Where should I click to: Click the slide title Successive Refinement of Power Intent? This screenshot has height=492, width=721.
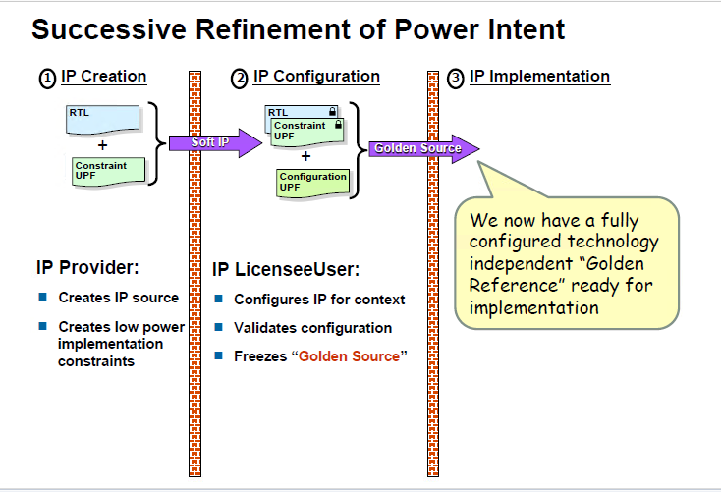298,29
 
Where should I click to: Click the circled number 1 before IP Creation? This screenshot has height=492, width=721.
46,79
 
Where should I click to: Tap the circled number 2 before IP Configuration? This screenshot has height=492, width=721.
239,79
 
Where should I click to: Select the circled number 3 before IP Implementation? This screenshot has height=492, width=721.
455,79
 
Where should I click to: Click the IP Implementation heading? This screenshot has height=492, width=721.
539,77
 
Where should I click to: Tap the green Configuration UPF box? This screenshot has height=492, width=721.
313,181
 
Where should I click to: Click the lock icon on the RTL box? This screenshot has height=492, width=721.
333,112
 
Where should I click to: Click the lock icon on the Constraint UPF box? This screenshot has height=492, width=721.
339,126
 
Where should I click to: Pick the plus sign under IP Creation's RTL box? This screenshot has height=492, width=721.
102,145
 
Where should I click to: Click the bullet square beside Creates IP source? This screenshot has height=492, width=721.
43,297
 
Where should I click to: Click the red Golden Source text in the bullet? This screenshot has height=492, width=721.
350,355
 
